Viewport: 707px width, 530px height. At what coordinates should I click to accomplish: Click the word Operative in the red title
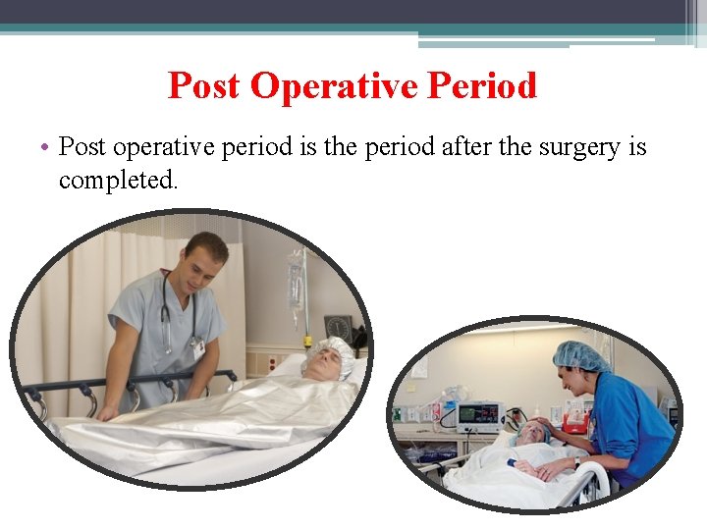334,86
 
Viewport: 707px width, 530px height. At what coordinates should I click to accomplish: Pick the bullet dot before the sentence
46,148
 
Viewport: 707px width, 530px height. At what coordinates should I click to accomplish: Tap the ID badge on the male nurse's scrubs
198,345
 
